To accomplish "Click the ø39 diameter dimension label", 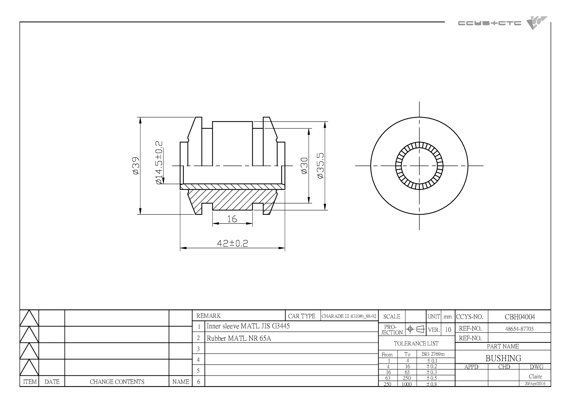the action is tap(136, 166).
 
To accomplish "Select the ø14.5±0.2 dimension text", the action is tap(159, 163).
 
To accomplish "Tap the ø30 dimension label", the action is tap(304, 166).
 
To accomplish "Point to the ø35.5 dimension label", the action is tap(320, 166).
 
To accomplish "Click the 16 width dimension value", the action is tap(232, 219).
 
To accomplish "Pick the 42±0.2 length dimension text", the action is tap(232, 243).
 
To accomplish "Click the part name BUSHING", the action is tap(503, 358).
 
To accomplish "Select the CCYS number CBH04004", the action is tap(520, 317).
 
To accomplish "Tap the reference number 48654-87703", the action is tap(519, 329).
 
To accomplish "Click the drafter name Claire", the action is tap(535, 376).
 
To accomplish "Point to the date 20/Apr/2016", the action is tap(535, 383).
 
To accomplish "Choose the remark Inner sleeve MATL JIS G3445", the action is tap(248, 326).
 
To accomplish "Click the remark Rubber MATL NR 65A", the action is tap(239, 338).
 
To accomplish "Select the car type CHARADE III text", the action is tap(349, 316).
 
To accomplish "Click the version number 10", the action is tap(448, 330).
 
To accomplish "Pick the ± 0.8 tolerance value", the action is tap(432, 384).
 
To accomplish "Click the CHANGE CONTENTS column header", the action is tap(117, 382).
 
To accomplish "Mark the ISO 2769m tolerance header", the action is tap(433, 354).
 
